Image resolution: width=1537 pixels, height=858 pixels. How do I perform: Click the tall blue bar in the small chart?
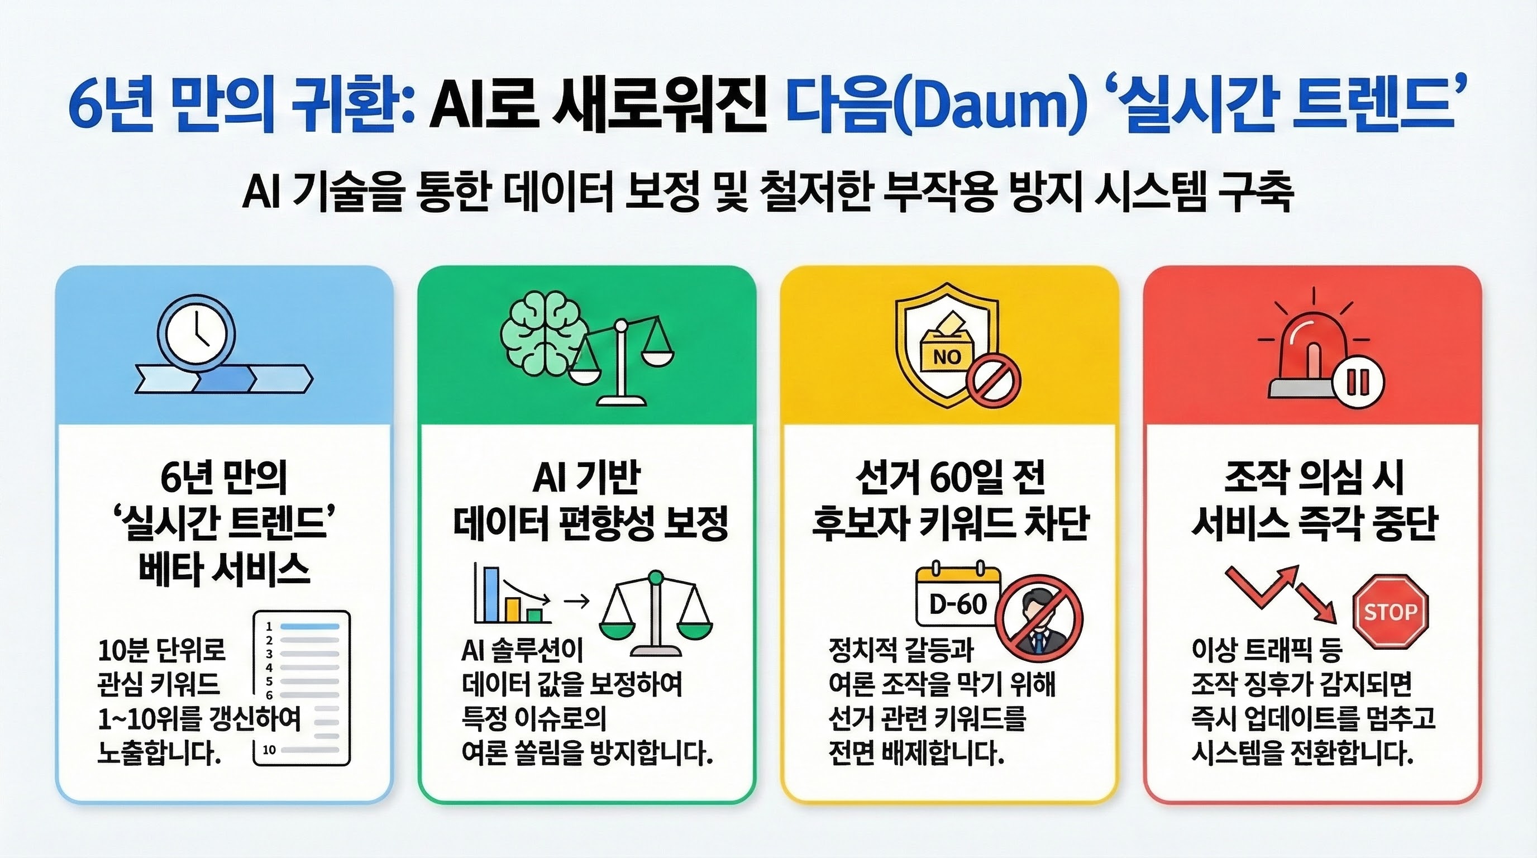pos(490,594)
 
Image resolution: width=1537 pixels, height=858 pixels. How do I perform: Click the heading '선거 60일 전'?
pos(950,478)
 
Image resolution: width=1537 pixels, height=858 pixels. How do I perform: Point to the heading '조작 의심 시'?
pos(1312,478)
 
